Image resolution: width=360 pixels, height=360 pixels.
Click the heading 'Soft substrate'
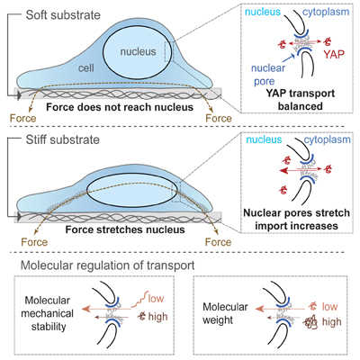click(63, 15)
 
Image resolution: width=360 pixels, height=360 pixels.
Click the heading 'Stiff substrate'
click(63, 139)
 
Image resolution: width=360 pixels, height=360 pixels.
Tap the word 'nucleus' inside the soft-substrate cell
click(138, 51)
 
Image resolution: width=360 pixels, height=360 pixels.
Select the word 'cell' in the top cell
click(86, 68)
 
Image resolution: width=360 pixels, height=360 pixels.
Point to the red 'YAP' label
click(334, 54)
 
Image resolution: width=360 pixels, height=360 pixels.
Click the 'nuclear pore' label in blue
click(268, 75)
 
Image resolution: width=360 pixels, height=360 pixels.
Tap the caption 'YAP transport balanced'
click(301, 100)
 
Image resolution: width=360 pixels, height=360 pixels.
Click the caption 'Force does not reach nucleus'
click(120, 107)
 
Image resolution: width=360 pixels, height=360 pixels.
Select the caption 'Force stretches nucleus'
click(125, 229)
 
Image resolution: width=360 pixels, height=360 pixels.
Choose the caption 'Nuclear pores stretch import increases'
click(296, 219)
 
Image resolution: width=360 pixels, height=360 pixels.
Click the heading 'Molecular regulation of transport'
click(107, 265)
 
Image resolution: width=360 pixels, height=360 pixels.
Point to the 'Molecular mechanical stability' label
click(48, 313)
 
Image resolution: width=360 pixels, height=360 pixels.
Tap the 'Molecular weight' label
click(225, 313)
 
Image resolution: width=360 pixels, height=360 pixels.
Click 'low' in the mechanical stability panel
click(156, 299)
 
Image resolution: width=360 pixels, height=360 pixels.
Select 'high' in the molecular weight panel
click(332, 321)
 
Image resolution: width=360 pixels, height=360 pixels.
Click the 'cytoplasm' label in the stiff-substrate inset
click(327, 139)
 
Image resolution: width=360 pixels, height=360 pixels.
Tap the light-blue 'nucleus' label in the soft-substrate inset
click(263, 12)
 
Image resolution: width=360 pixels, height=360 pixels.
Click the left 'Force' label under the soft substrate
click(22, 118)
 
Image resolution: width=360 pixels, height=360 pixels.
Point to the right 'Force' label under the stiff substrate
click(218, 242)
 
